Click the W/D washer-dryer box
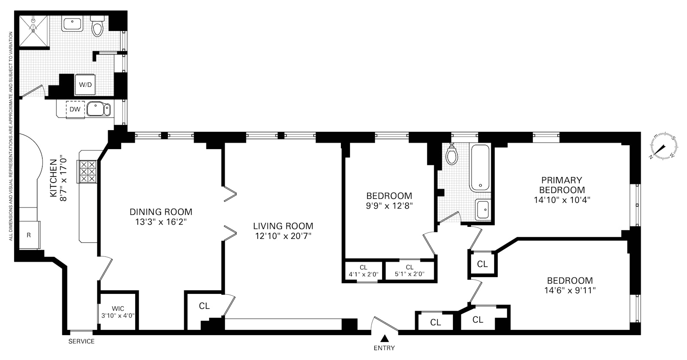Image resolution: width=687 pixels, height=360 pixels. pyautogui.click(x=85, y=85)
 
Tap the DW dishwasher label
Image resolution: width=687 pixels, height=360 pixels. pyautogui.click(x=75, y=109)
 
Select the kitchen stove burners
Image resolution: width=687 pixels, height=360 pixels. pyautogui.click(x=88, y=172)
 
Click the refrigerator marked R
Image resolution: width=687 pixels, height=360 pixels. pyautogui.click(x=28, y=235)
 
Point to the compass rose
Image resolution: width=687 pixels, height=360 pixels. pyautogui.click(x=664, y=148)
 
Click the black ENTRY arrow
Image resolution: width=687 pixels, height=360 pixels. pyautogui.click(x=385, y=338)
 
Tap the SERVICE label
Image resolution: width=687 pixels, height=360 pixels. pyautogui.click(x=82, y=342)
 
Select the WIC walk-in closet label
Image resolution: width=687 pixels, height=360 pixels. pyautogui.click(x=118, y=308)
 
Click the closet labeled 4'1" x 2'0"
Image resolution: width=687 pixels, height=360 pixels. pyautogui.click(x=363, y=271)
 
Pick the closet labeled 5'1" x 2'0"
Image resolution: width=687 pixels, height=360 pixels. pyautogui.click(x=409, y=271)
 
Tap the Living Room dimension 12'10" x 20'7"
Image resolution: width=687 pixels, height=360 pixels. pyautogui.click(x=283, y=236)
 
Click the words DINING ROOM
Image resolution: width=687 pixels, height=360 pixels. pyautogui.click(x=161, y=212)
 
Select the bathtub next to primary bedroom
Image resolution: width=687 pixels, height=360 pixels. pyautogui.click(x=481, y=168)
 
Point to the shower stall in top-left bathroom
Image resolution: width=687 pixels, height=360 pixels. pyautogui.click(x=33, y=30)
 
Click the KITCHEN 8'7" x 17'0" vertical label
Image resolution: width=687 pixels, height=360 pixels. pyautogui.click(x=58, y=178)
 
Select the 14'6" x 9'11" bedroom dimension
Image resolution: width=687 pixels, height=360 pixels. pyautogui.click(x=570, y=290)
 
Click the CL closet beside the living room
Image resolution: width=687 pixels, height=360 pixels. pyautogui.click(x=204, y=306)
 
